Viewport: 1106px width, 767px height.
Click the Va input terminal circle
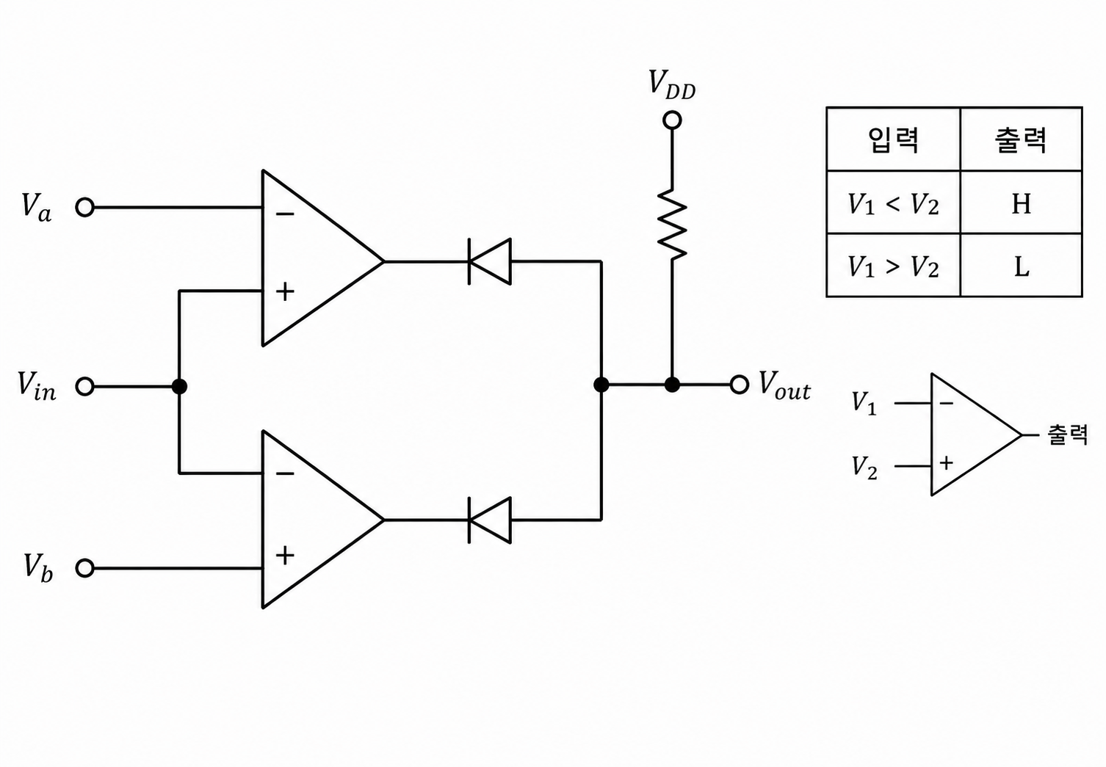[x=85, y=207]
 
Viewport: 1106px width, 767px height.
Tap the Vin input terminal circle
[x=85, y=387]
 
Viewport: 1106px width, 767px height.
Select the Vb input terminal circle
[x=85, y=568]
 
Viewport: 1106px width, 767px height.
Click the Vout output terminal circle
[x=739, y=385]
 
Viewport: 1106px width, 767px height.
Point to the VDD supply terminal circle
[x=672, y=120]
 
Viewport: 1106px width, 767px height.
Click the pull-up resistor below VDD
[x=672, y=224]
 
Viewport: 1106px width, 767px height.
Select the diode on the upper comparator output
[x=489, y=261]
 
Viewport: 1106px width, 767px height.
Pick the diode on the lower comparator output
[x=489, y=520]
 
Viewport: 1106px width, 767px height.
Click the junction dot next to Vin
[x=179, y=387]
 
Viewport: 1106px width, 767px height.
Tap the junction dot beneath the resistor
[x=672, y=385]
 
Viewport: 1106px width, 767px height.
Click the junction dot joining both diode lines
[x=601, y=385]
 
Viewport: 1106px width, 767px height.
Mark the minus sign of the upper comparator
[x=285, y=214]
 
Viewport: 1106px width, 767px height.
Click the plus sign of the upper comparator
[x=285, y=291]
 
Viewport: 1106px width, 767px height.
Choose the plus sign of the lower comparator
[x=285, y=556]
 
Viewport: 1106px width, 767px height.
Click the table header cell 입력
[x=893, y=139]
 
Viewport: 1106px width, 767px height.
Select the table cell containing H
[x=1021, y=203]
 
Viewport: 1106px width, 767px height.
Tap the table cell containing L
[x=1021, y=266]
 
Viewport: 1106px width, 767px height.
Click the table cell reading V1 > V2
[x=893, y=266]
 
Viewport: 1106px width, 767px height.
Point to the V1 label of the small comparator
[x=864, y=403]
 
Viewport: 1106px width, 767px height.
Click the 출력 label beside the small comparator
[x=1068, y=435]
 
